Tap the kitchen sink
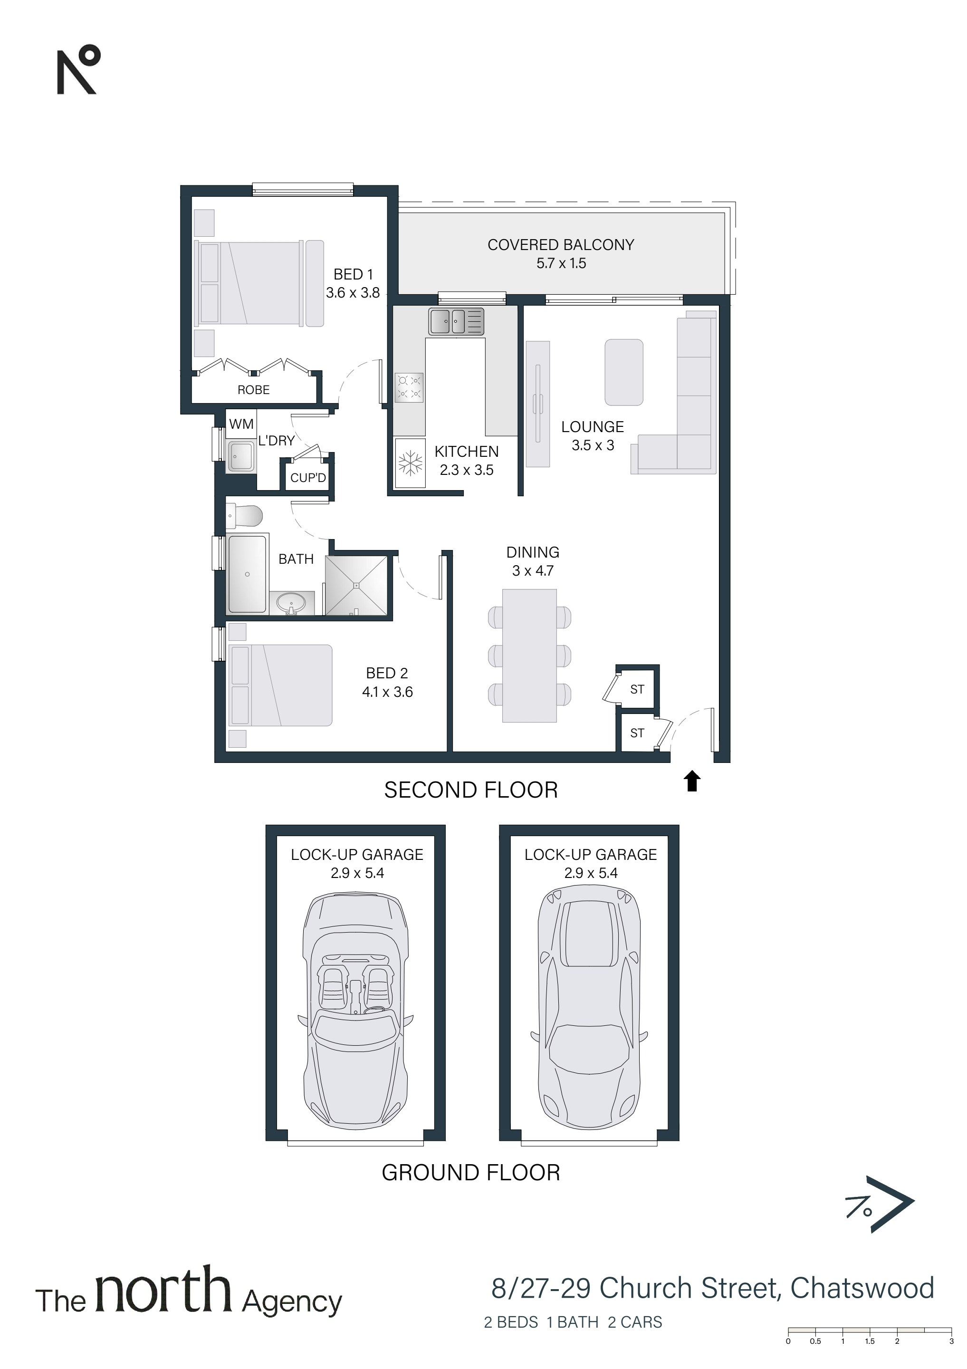click(x=456, y=322)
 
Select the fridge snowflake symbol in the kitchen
click(x=410, y=463)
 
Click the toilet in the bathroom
click(x=244, y=516)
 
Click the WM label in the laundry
click(x=241, y=424)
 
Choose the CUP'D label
click(x=308, y=478)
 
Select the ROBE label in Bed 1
click(x=253, y=390)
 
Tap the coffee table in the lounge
click(x=623, y=373)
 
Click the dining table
click(x=529, y=656)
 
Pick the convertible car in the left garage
click(x=356, y=1011)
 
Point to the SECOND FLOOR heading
click(x=471, y=790)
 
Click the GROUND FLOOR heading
click(x=471, y=1173)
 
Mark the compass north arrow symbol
click(x=880, y=1205)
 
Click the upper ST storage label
click(x=637, y=689)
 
